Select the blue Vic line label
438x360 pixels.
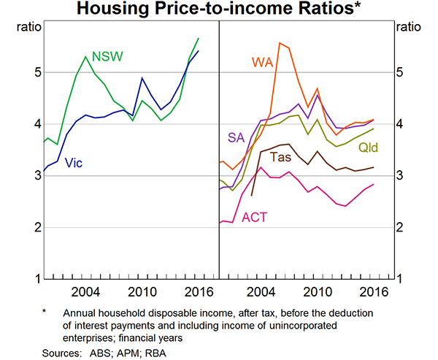pos(73,162)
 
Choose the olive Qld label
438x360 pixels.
pos(369,148)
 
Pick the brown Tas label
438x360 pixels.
pos(282,157)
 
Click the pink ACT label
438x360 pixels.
pos(255,217)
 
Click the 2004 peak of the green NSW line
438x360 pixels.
pos(86,56)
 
